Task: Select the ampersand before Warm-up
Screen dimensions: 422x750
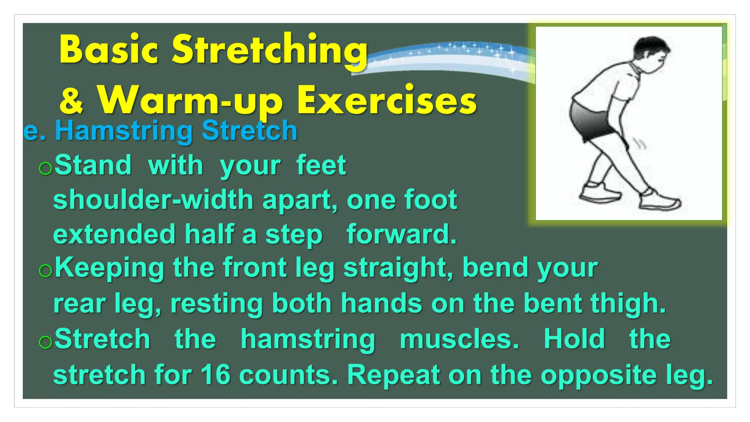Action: coord(71,101)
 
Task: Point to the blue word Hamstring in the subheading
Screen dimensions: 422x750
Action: coord(124,131)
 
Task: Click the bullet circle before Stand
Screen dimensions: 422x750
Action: coord(45,169)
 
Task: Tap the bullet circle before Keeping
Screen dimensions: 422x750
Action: coord(45,271)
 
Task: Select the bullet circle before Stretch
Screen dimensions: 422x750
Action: coord(45,342)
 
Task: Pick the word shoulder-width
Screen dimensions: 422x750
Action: coord(153,200)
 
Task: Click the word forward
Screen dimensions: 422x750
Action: coord(401,234)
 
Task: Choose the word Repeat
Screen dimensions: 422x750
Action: coord(393,375)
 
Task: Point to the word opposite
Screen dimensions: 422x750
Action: coord(599,375)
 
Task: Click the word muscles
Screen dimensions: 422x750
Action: coord(459,339)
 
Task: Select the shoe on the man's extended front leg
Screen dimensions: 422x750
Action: coord(660,200)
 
